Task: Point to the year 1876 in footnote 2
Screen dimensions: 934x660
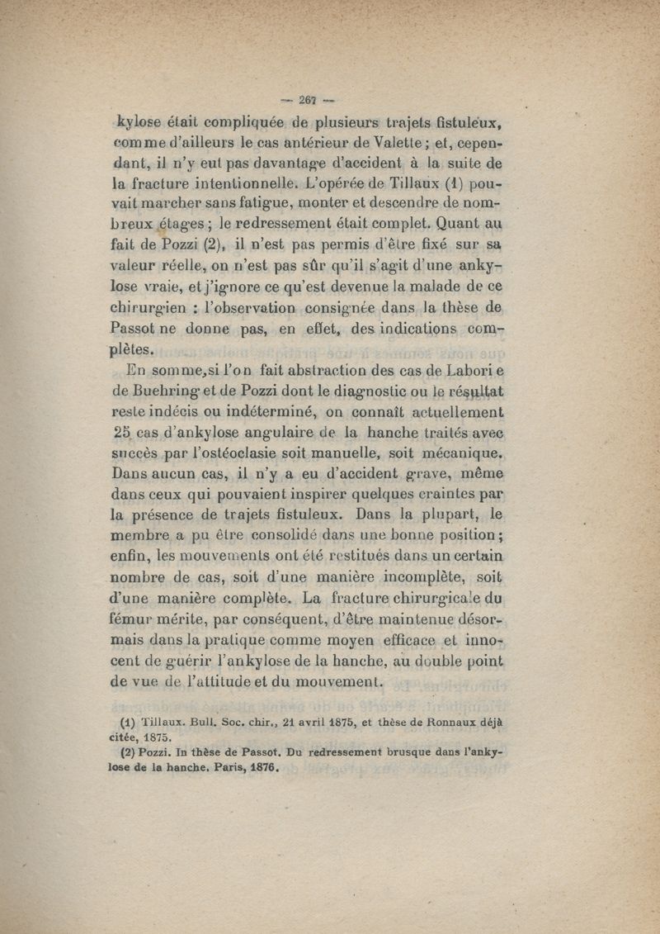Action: pos(257,766)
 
